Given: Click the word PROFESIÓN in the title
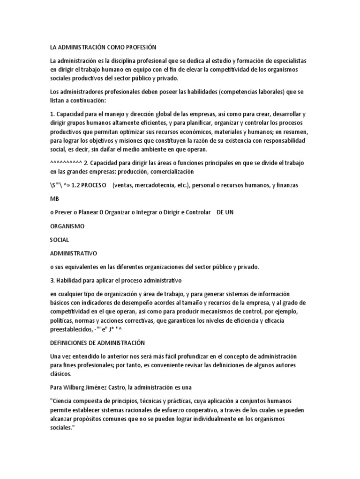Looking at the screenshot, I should tap(139, 47).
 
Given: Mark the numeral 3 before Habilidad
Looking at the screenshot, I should tap(52, 281).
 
